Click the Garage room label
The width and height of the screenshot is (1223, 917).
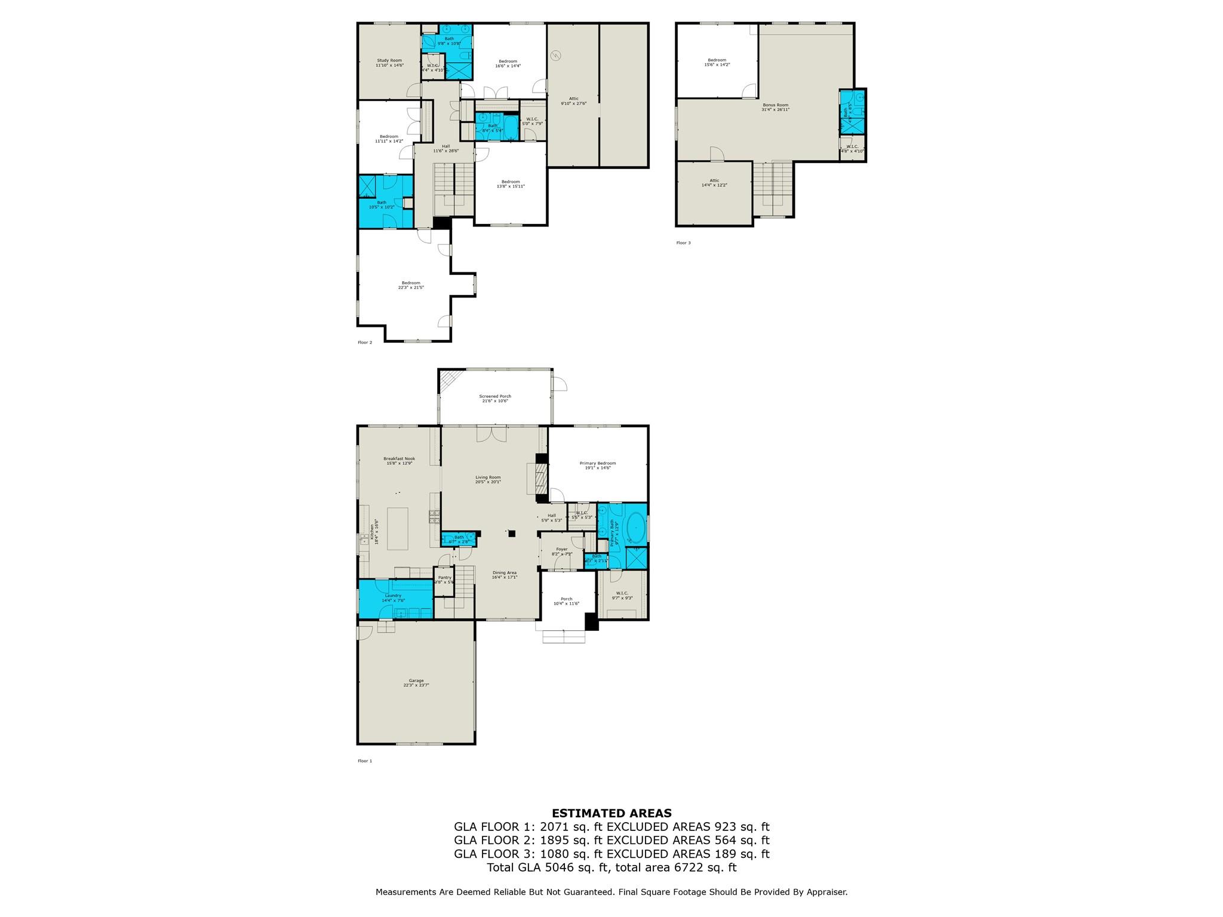click(416, 683)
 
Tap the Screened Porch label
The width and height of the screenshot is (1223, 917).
click(495, 398)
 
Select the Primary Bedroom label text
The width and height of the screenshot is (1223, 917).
click(597, 465)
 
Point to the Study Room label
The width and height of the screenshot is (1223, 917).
click(389, 62)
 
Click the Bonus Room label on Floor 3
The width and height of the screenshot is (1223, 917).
click(775, 107)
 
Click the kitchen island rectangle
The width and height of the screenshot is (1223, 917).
click(398, 528)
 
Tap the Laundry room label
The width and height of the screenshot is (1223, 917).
click(393, 597)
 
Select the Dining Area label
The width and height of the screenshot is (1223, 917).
click(504, 575)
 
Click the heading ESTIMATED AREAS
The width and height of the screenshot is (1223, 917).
click(611, 813)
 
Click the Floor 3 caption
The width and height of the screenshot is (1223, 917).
click(683, 243)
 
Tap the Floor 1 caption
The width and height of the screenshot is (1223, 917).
click(364, 761)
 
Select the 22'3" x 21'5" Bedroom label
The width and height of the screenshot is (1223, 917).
click(411, 285)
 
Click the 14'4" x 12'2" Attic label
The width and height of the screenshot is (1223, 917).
click(714, 183)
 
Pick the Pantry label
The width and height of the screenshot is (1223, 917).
click(444, 579)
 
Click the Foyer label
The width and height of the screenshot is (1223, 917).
click(561, 551)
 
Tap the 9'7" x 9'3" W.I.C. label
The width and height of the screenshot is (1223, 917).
click(622, 595)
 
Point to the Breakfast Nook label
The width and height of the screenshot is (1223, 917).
click(399, 461)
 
